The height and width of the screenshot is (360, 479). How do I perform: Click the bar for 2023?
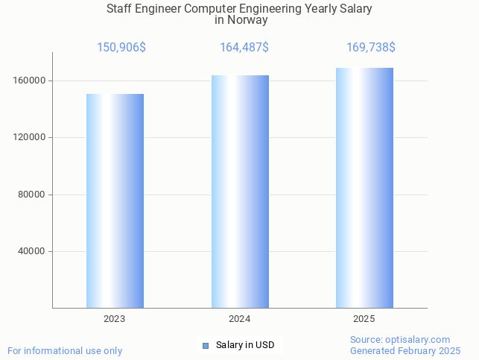tap(115, 200)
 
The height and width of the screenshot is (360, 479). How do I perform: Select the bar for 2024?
tap(240, 192)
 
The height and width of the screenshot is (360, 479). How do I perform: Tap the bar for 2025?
tap(364, 188)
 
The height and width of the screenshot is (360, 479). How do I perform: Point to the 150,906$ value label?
tap(121, 48)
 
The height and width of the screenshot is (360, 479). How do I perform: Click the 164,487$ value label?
tap(244, 48)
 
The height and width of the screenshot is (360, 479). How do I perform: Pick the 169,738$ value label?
tap(370, 48)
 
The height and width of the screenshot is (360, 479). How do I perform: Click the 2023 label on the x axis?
tap(115, 319)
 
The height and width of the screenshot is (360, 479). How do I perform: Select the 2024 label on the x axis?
tap(239, 319)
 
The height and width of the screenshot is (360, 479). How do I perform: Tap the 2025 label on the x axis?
tap(364, 319)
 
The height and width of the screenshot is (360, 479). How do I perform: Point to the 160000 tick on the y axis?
tap(31, 80)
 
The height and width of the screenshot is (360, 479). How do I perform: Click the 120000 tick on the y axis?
tap(31, 137)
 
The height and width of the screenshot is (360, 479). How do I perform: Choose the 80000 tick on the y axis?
tap(33, 195)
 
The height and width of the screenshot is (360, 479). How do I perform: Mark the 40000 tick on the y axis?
tap(33, 251)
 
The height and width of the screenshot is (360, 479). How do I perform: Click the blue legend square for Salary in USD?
tap(206, 345)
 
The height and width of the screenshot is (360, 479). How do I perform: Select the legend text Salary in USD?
tap(245, 345)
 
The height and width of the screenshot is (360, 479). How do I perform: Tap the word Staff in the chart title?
tap(121, 9)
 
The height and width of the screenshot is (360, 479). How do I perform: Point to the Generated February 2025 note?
tap(405, 351)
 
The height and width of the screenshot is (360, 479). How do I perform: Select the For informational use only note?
tap(65, 351)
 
